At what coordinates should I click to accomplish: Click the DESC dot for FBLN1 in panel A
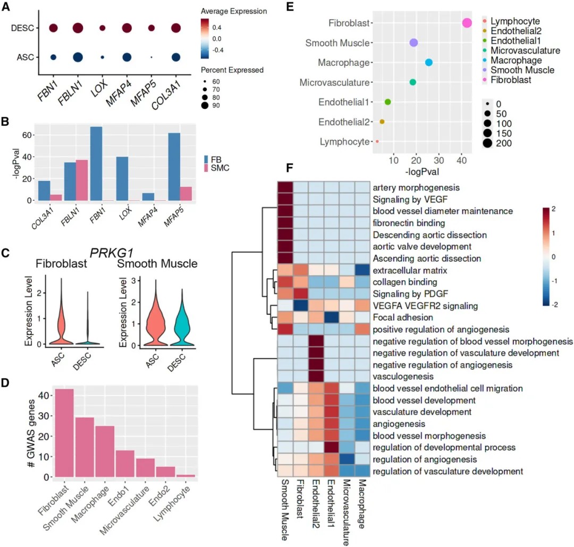point(78,28)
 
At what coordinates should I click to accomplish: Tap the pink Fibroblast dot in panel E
point(467,23)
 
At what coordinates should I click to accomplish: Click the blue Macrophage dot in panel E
point(429,63)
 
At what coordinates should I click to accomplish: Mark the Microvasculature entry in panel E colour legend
point(525,50)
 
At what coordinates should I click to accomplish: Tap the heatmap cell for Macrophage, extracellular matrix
point(361,270)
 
